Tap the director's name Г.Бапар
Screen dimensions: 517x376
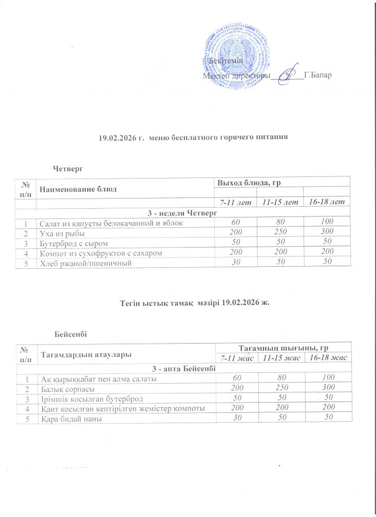click(x=318, y=75)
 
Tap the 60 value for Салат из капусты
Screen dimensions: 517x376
click(x=235, y=222)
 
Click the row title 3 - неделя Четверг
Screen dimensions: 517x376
click(x=183, y=212)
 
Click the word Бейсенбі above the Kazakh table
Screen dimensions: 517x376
click(x=70, y=334)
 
